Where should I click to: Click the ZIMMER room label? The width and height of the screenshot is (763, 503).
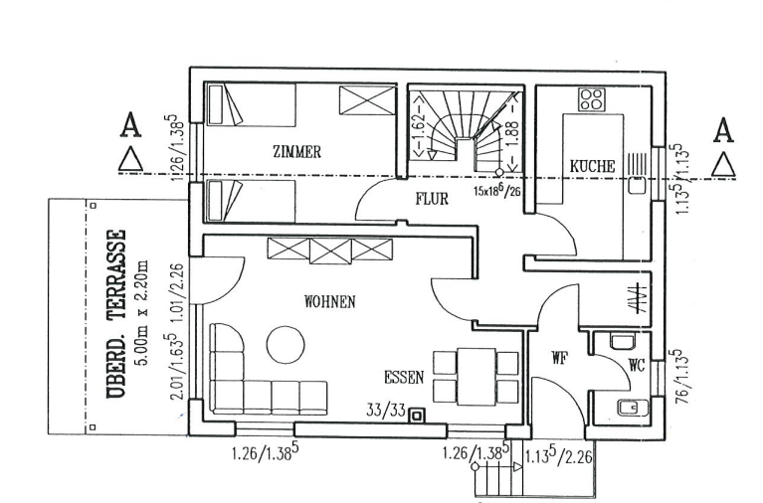click(x=296, y=152)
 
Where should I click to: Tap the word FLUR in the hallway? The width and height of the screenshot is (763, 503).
click(x=432, y=199)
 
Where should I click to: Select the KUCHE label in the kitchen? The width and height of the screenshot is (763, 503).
click(x=592, y=165)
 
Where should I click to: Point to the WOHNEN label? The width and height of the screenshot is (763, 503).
click(x=330, y=301)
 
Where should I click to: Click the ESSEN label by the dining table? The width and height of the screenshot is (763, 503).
click(x=405, y=378)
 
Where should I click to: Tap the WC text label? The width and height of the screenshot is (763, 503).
click(x=636, y=366)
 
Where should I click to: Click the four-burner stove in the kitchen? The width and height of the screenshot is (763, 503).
click(x=592, y=98)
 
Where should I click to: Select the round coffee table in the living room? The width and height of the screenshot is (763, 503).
click(x=286, y=346)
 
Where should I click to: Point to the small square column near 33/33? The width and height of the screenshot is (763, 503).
click(x=418, y=416)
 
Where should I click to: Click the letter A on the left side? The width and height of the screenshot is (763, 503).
click(x=128, y=125)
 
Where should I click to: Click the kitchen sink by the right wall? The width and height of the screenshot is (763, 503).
click(x=636, y=184)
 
